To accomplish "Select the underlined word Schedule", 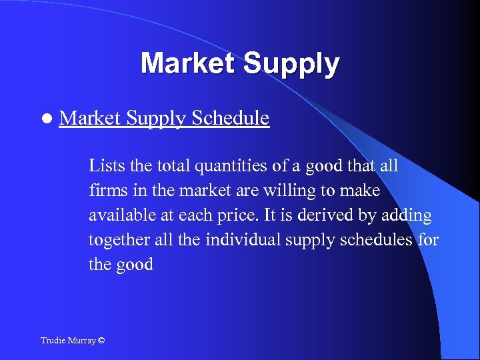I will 230,118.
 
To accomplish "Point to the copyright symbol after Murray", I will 101,341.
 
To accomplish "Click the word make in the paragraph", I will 363,191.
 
